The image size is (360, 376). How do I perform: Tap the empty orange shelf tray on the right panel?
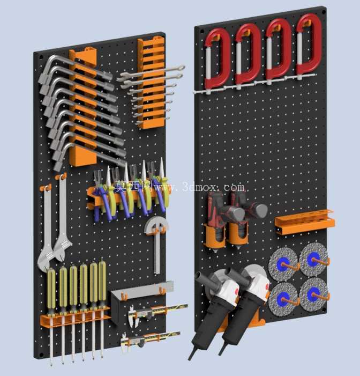coord(305,222)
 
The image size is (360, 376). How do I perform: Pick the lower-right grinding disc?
coord(313,294)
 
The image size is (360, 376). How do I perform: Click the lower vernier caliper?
coord(149,339)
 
